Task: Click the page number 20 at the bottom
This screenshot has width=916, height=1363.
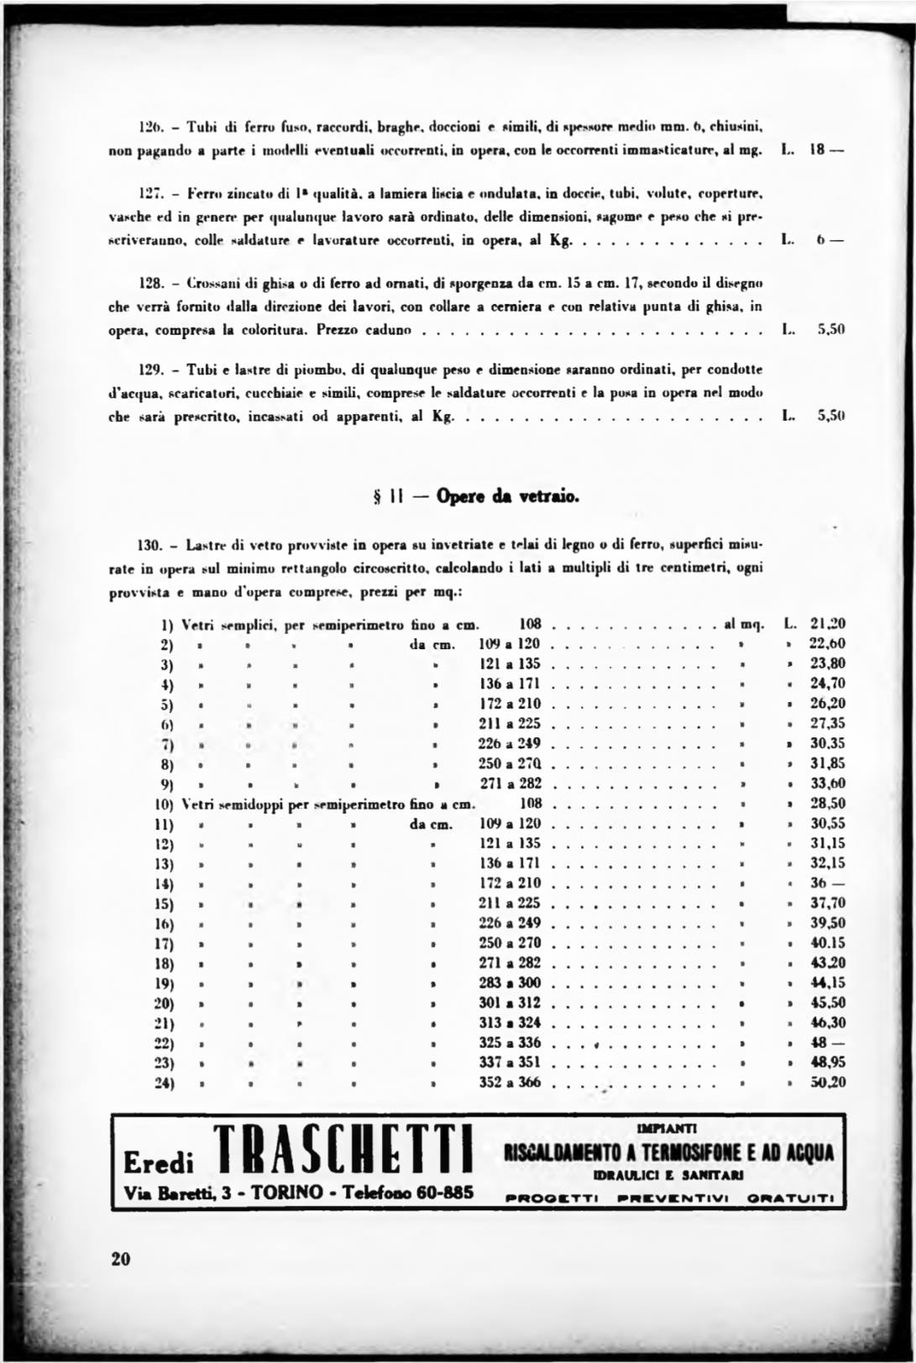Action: click(x=120, y=1259)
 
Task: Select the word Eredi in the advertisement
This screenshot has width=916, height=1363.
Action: click(x=159, y=1163)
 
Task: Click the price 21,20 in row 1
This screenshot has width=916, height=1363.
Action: click(x=827, y=624)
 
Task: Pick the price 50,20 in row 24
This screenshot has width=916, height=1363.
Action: click(x=827, y=1083)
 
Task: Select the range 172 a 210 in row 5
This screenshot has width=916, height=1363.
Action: click(x=510, y=704)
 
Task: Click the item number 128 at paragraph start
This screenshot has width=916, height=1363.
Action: click(x=149, y=283)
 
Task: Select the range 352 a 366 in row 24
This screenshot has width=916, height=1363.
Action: click(x=510, y=1083)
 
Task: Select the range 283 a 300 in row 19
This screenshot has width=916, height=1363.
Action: click(x=510, y=983)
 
